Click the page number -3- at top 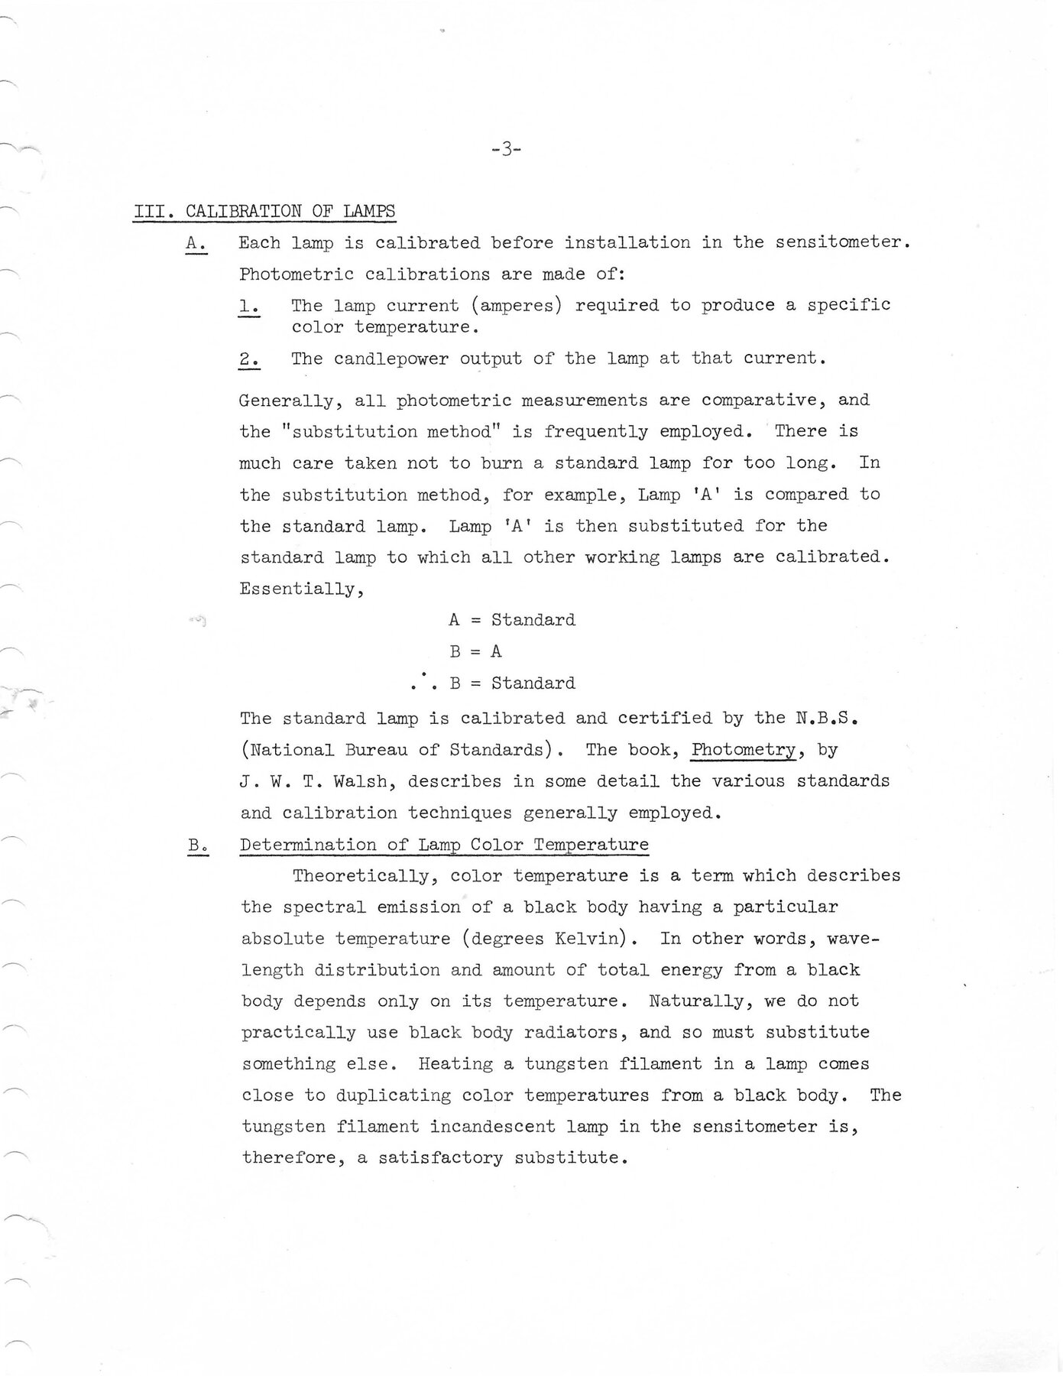(506, 150)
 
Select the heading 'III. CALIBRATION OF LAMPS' (264, 211)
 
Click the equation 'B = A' (475, 651)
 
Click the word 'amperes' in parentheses (517, 305)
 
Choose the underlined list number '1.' (249, 306)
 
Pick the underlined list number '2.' (249, 359)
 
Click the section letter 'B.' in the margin (197, 845)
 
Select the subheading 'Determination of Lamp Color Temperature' (444, 845)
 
